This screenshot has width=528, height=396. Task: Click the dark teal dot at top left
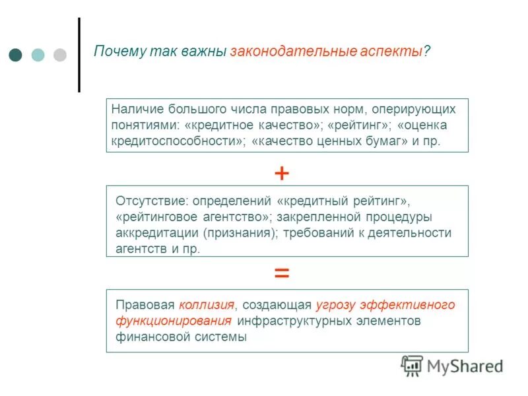[16, 55]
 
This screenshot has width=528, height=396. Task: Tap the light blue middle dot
[38, 55]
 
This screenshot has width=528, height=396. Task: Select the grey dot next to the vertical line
[59, 55]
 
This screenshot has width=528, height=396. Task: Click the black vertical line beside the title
[79, 55]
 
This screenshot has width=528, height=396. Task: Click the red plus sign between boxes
[282, 174]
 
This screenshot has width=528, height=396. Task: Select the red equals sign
[282, 273]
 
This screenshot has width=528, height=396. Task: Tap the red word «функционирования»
[174, 321]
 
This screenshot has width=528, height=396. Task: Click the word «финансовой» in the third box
[147, 337]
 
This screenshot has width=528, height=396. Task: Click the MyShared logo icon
[412, 365]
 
